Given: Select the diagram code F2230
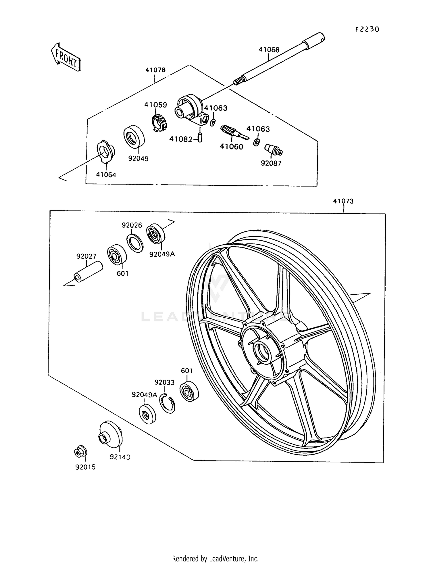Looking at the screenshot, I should tap(367, 29).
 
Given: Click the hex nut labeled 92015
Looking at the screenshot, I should tap(80, 453).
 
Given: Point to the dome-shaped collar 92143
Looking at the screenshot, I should tap(111, 434).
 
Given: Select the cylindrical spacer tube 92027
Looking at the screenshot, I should tap(88, 272).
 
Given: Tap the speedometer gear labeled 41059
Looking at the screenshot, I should tap(159, 122).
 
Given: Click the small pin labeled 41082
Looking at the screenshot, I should tap(200, 137).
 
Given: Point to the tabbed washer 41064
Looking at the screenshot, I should tap(106, 152).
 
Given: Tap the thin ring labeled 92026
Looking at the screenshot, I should tap(135, 243).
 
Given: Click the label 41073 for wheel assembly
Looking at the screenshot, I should tap(343, 201).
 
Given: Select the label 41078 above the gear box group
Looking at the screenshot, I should tap(155, 70).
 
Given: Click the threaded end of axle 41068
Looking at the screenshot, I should tap(238, 81).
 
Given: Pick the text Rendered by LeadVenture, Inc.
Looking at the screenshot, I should tap(215, 559).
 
